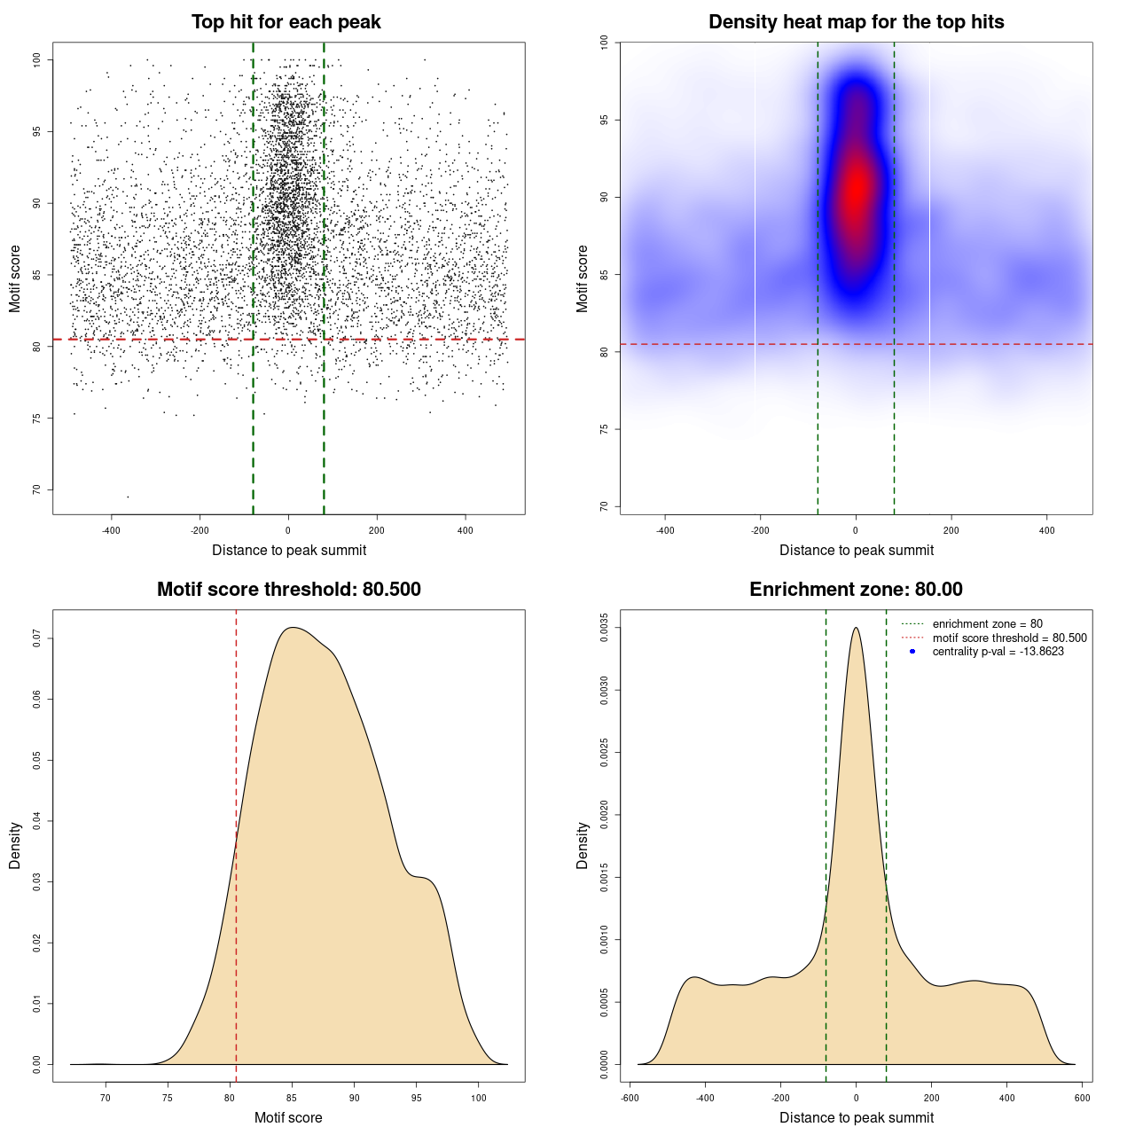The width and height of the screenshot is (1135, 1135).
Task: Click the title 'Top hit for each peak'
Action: (286, 22)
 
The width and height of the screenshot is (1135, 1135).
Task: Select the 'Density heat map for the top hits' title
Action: (856, 22)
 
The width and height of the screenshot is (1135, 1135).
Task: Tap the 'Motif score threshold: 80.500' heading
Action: (288, 590)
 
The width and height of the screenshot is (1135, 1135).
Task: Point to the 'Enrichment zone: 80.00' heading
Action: (856, 590)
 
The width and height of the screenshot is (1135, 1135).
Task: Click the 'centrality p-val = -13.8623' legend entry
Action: (998, 652)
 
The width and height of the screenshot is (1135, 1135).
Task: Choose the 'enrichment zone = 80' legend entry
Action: (987, 624)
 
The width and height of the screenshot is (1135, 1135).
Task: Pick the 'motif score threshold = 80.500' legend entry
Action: (1009, 638)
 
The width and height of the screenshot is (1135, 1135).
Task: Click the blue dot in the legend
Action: (912, 652)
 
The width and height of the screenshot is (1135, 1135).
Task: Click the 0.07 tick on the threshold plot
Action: (37, 638)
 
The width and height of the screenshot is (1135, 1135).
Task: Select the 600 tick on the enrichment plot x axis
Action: (1083, 1098)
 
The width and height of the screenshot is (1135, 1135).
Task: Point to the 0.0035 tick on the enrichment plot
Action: (604, 628)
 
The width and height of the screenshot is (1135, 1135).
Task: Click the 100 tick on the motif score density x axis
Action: (479, 1098)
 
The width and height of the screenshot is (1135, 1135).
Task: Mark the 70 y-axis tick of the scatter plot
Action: (37, 489)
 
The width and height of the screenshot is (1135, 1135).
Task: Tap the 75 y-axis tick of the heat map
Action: (604, 429)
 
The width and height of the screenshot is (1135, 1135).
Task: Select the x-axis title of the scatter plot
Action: (289, 551)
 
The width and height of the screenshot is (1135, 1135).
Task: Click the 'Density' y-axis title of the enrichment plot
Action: (583, 845)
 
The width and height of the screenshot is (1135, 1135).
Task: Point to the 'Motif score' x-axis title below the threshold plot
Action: (288, 1118)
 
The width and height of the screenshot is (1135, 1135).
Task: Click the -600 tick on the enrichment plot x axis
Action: (630, 1098)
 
